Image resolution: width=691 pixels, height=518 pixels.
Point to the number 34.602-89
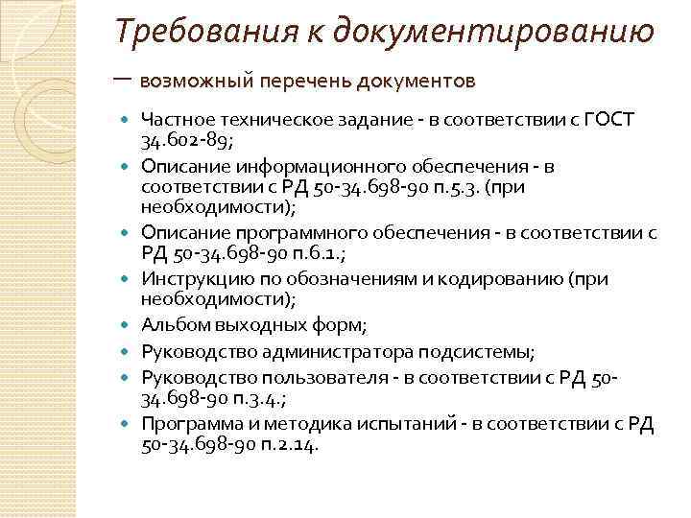pos(186,141)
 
